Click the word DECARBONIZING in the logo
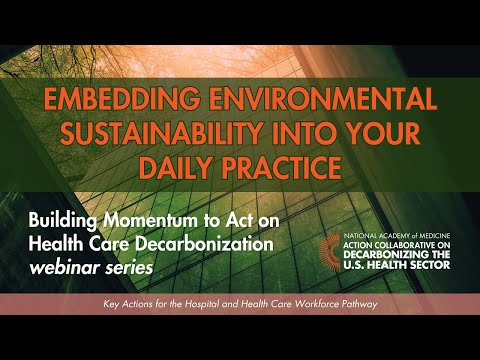coord(383,255)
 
